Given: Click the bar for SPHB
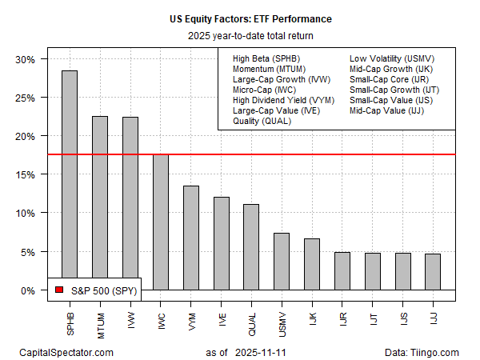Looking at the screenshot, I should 69,180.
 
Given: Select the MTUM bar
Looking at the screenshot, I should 99,203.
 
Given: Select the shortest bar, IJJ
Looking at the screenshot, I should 431,271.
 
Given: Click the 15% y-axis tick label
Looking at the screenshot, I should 28,174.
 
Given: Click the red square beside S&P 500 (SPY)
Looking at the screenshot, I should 59,290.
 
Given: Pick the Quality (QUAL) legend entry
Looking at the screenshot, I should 262,122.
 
